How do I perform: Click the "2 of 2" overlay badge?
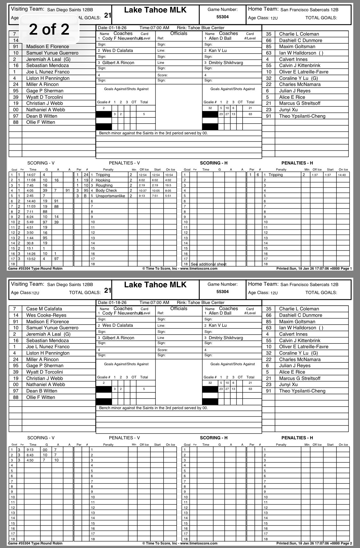49,30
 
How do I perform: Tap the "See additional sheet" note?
208,264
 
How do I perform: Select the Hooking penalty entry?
103,180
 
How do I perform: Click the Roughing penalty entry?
104,185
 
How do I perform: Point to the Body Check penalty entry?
106,190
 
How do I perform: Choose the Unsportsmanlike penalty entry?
110,196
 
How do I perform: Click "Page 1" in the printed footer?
346,269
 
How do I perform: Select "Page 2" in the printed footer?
346,543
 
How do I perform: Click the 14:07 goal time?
31,175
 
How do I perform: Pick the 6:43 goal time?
30,455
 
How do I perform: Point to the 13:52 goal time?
31,259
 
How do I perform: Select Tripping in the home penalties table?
276,175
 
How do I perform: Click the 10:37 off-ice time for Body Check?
143,190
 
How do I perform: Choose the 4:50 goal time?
30,460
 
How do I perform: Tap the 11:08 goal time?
31,180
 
